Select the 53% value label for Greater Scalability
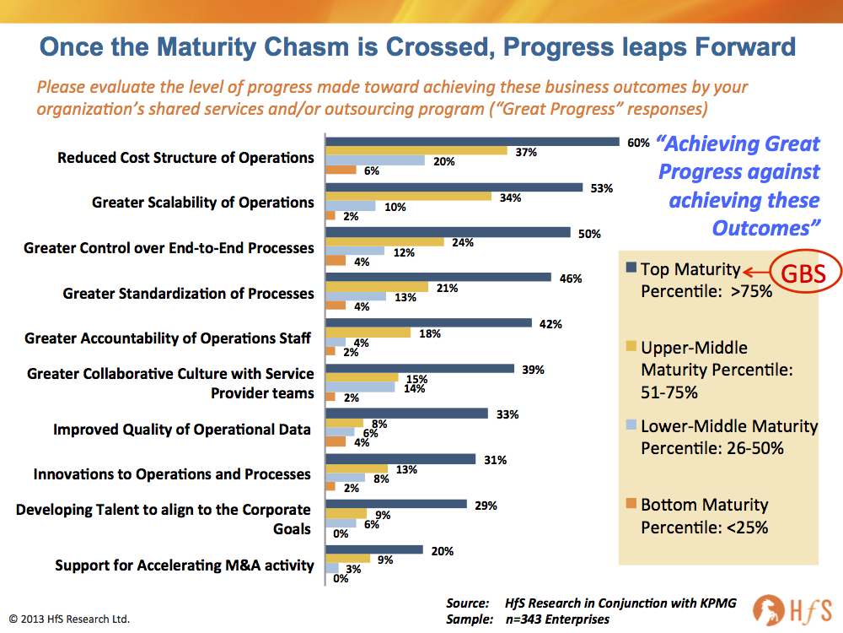pyautogui.click(x=601, y=188)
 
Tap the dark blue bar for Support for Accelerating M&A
pyautogui.click(x=374, y=550)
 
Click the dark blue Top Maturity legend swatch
pyautogui.click(x=630, y=268)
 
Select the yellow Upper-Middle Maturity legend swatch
pyautogui.click(x=630, y=347)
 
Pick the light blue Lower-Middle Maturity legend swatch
pyautogui.click(x=630, y=425)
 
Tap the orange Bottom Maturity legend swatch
pyautogui.click(x=630, y=504)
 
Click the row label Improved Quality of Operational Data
pyautogui.click(x=181, y=430)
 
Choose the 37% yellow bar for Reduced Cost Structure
pyautogui.click(x=416, y=151)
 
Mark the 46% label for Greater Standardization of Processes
pyautogui.click(x=571, y=279)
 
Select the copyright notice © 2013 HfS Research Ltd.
pyautogui.click(x=70, y=619)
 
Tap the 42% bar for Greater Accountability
pyautogui.click(x=429, y=323)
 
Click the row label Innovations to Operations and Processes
pyautogui.click(x=172, y=474)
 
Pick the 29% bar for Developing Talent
pyautogui.click(x=396, y=505)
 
